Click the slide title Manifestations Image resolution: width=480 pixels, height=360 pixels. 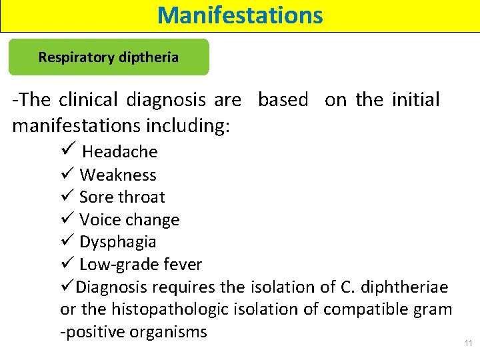click(x=240, y=15)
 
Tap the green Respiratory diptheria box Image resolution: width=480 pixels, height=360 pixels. click(x=108, y=57)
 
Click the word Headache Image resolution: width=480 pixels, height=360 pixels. click(x=120, y=152)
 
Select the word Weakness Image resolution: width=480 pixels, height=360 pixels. click(x=118, y=175)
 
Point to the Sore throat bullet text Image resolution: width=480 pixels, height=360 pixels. click(x=122, y=197)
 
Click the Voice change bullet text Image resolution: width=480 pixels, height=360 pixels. click(x=129, y=220)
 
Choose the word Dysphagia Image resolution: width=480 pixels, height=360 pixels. click(x=118, y=242)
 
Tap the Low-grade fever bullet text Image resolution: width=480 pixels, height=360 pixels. click(x=141, y=265)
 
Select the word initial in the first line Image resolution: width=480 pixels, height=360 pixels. click(x=415, y=100)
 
